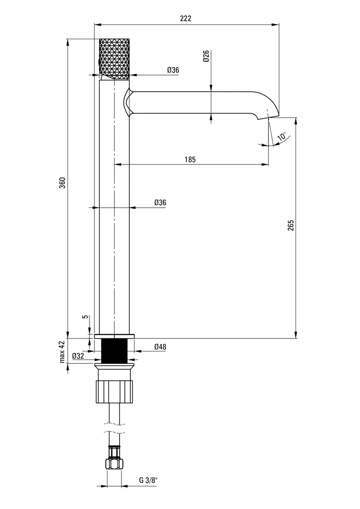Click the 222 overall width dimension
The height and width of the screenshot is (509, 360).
click(x=185, y=18)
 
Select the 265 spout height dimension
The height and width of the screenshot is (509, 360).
click(x=290, y=225)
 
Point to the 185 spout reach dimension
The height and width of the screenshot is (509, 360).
click(x=190, y=160)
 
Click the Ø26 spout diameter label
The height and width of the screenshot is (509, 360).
click(x=206, y=56)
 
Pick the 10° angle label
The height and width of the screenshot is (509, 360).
click(x=282, y=137)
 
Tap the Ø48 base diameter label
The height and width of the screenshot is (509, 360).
click(x=160, y=346)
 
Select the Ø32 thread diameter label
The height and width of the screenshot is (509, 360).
click(x=78, y=356)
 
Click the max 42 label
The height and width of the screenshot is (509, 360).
click(x=62, y=351)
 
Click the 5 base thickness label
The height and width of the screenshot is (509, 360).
click(x=86, y=317)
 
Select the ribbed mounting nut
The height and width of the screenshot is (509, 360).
click(x=114, y=392)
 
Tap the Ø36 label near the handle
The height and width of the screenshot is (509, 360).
click(x=173, y=70)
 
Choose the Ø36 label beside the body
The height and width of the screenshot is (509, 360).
click(x=160, y=203)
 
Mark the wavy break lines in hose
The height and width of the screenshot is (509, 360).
click(x=114, y=428)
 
